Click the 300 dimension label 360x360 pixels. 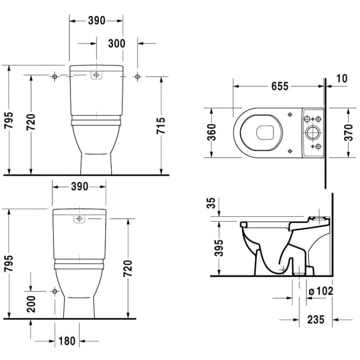[x=116, y=44]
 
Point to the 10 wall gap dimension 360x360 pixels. [x=341, y=78]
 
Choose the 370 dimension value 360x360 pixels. [x=348, y=133]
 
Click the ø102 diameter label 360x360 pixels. [x=321, y=291]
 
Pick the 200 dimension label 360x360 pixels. [x=31, y=304]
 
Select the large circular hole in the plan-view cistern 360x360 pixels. [x=312, y=132]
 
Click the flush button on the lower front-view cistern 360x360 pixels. [x=79, y=218]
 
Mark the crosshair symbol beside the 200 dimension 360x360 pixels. [x=54, y=291]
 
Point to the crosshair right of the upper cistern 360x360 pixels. [x=138, y=76]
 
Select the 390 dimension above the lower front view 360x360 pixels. [x=79, y=187]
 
